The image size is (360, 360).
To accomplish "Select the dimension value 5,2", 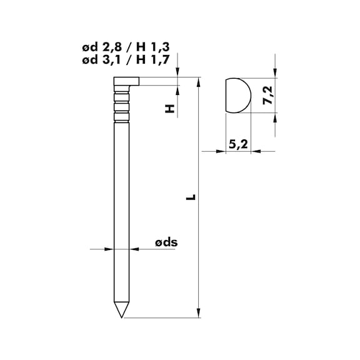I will click(237, 144).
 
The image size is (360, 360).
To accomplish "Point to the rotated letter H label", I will click(168, 109).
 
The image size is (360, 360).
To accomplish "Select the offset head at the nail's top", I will click(126, 81).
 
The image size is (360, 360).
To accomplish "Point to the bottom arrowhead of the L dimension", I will click(198, 313).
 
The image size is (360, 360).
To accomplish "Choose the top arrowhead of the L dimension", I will click(198, 82).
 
